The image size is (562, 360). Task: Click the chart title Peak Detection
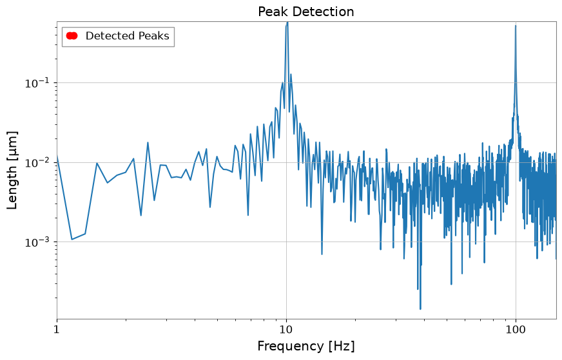(305, 12)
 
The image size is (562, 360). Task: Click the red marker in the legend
(72, 35)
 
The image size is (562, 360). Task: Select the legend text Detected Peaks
(127, 36)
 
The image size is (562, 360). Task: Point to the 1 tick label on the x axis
(57, 329)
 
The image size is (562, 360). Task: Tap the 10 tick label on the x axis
(286, 329)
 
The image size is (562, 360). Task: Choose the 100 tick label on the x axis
(516, 329)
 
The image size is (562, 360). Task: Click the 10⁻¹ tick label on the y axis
(37, 82)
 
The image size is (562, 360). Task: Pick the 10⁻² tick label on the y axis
(37, 162)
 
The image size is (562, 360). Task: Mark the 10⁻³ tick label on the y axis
(37, 242)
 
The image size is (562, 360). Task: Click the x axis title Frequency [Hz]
(305, 346)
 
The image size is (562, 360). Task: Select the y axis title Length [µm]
(12, 170)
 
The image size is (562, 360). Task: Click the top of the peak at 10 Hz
(287, 23)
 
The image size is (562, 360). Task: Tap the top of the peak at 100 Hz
(516, 25)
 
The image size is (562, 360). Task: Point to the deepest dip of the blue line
(420, 308)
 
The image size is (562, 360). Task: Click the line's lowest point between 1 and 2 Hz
(72, 240)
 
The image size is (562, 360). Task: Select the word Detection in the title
(324, 12)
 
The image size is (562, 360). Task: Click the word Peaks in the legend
(154, 36)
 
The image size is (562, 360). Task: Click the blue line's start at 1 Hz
(57, 155)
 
